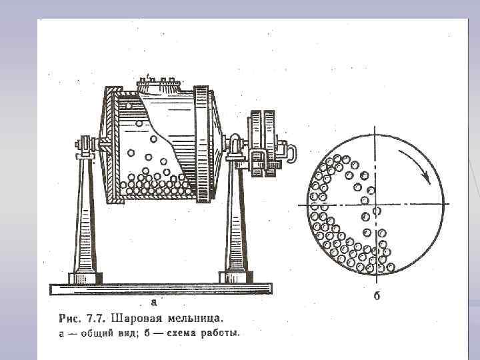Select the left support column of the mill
click(85, 220)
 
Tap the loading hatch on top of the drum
click(159, 85)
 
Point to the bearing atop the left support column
click(84, 144)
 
